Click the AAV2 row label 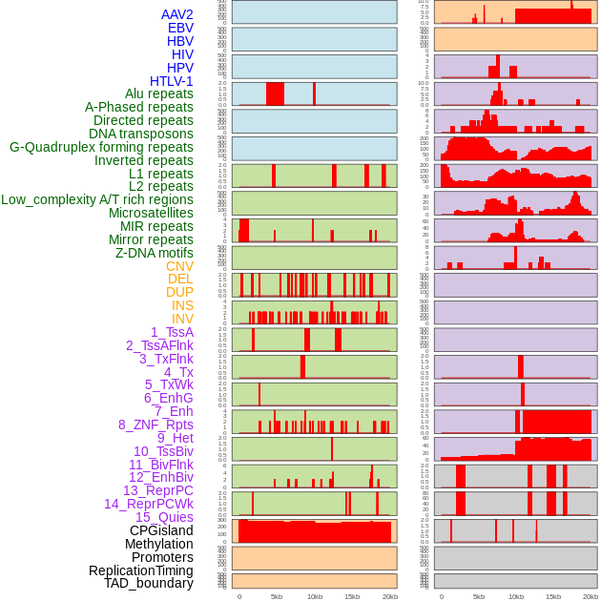pos(176,14)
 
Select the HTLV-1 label pos(171,81)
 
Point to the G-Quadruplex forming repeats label pos(101,147)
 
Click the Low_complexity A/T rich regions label pos(97,199)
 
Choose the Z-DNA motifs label pos(154,253)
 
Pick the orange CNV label pos(179,266)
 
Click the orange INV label pos(182,319)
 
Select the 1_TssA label pos(172,332)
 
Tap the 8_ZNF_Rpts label pos(155,425)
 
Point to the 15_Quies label pos(164,517)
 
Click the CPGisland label pos(161,530)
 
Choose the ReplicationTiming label pos(140,570)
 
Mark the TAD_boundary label pos(149,583)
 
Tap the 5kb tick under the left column pos(277,596)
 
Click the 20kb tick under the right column pos(591,596)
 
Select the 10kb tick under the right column pos(516,596)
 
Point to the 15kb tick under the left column pos(351,596)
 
